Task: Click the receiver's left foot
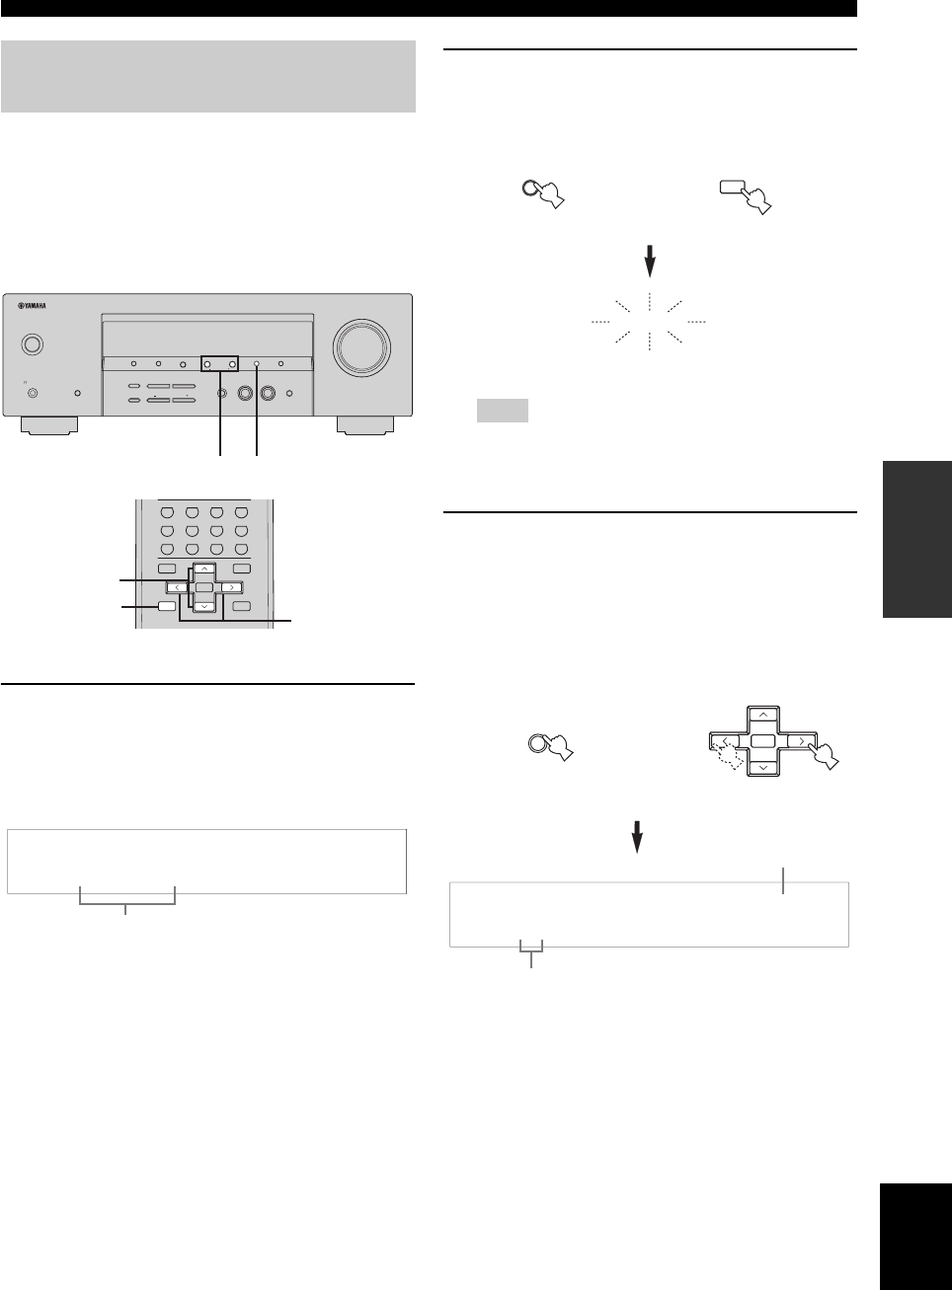point(49,425)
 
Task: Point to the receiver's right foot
point(364,425)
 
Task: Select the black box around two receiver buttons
point(219,364)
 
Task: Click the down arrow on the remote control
point(203,606)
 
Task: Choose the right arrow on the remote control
point(229,587)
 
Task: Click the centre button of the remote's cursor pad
point(203,587)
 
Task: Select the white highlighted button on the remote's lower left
point(167,606)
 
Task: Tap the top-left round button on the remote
point(167,512)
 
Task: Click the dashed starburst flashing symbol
point(650,322)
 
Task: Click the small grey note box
point(502,410)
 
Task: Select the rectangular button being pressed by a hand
point(734,188)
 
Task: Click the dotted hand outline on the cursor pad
point(730,756)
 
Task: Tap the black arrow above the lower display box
point(637,838)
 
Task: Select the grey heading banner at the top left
point(208,76)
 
